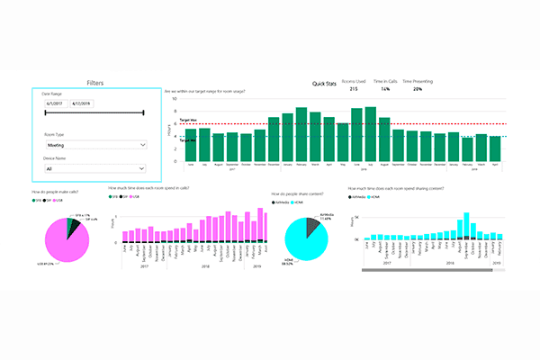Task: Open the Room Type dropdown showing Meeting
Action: click(94, 144)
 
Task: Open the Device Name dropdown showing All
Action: click(94, 167)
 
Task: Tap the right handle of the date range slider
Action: click(144, 113)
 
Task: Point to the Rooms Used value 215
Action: click(354, 89)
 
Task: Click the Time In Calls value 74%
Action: click(384, 89)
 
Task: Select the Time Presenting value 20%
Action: click(417, 89)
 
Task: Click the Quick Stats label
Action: click(323, 82)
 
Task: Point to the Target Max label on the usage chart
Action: click(189, 121)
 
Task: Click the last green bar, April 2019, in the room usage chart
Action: click(494, 148)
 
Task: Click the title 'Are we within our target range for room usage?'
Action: click(205, 92)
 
